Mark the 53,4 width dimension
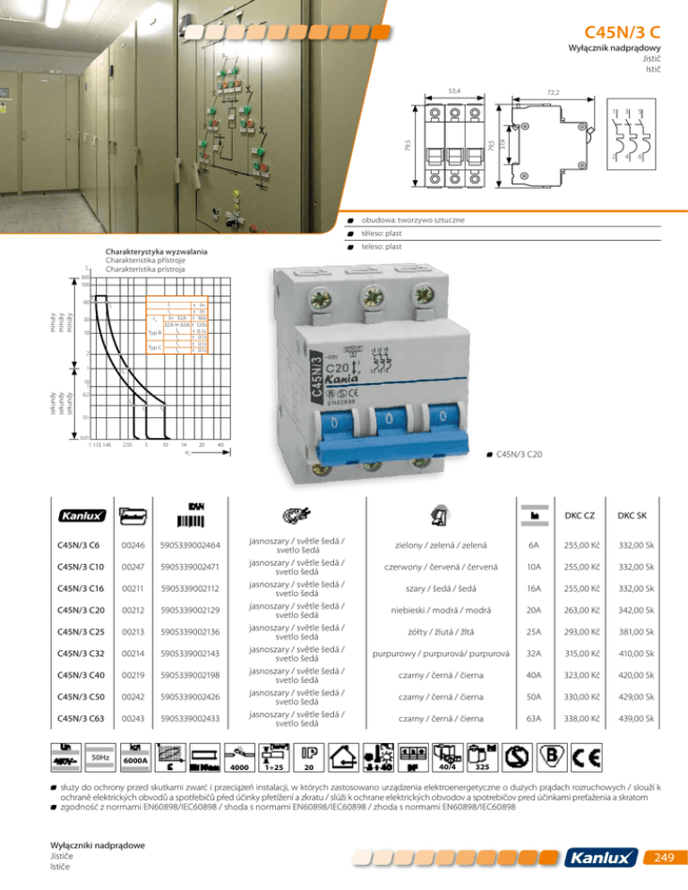pyautogui.click(x=454, y=91)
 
